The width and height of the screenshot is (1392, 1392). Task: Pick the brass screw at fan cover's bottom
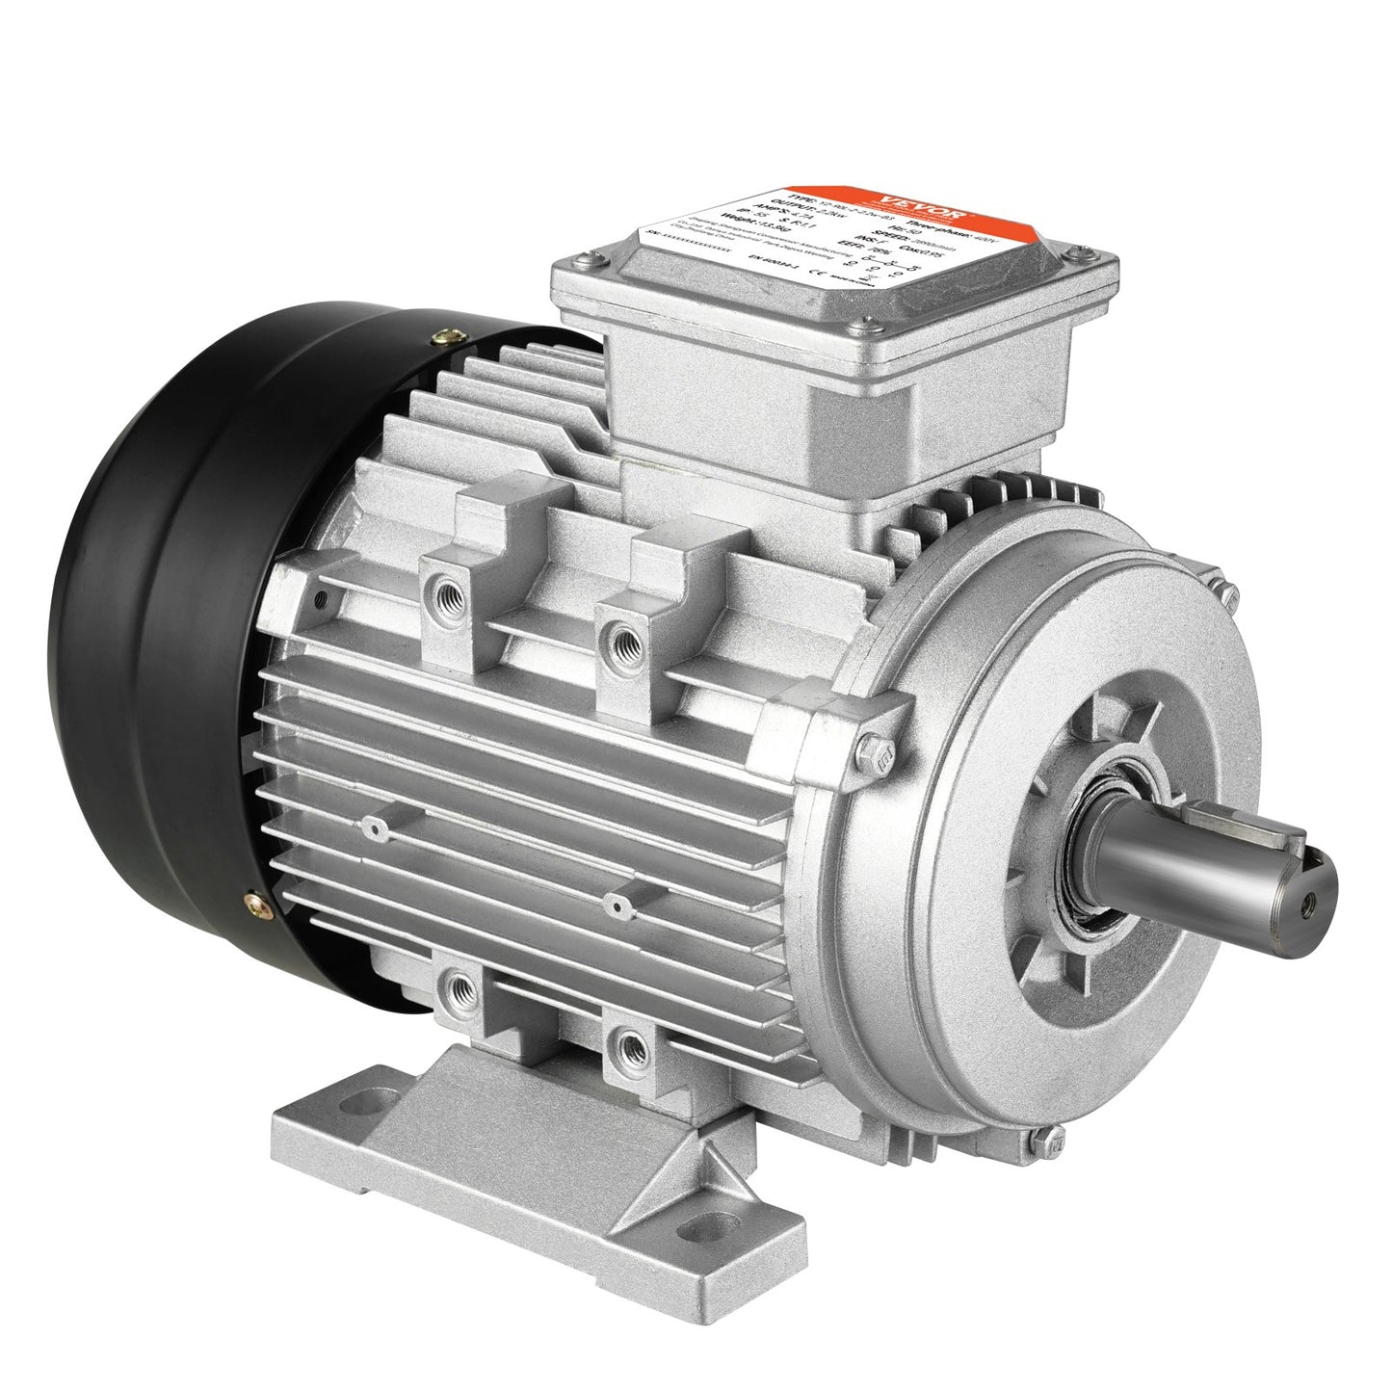[x=254, y=905]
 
